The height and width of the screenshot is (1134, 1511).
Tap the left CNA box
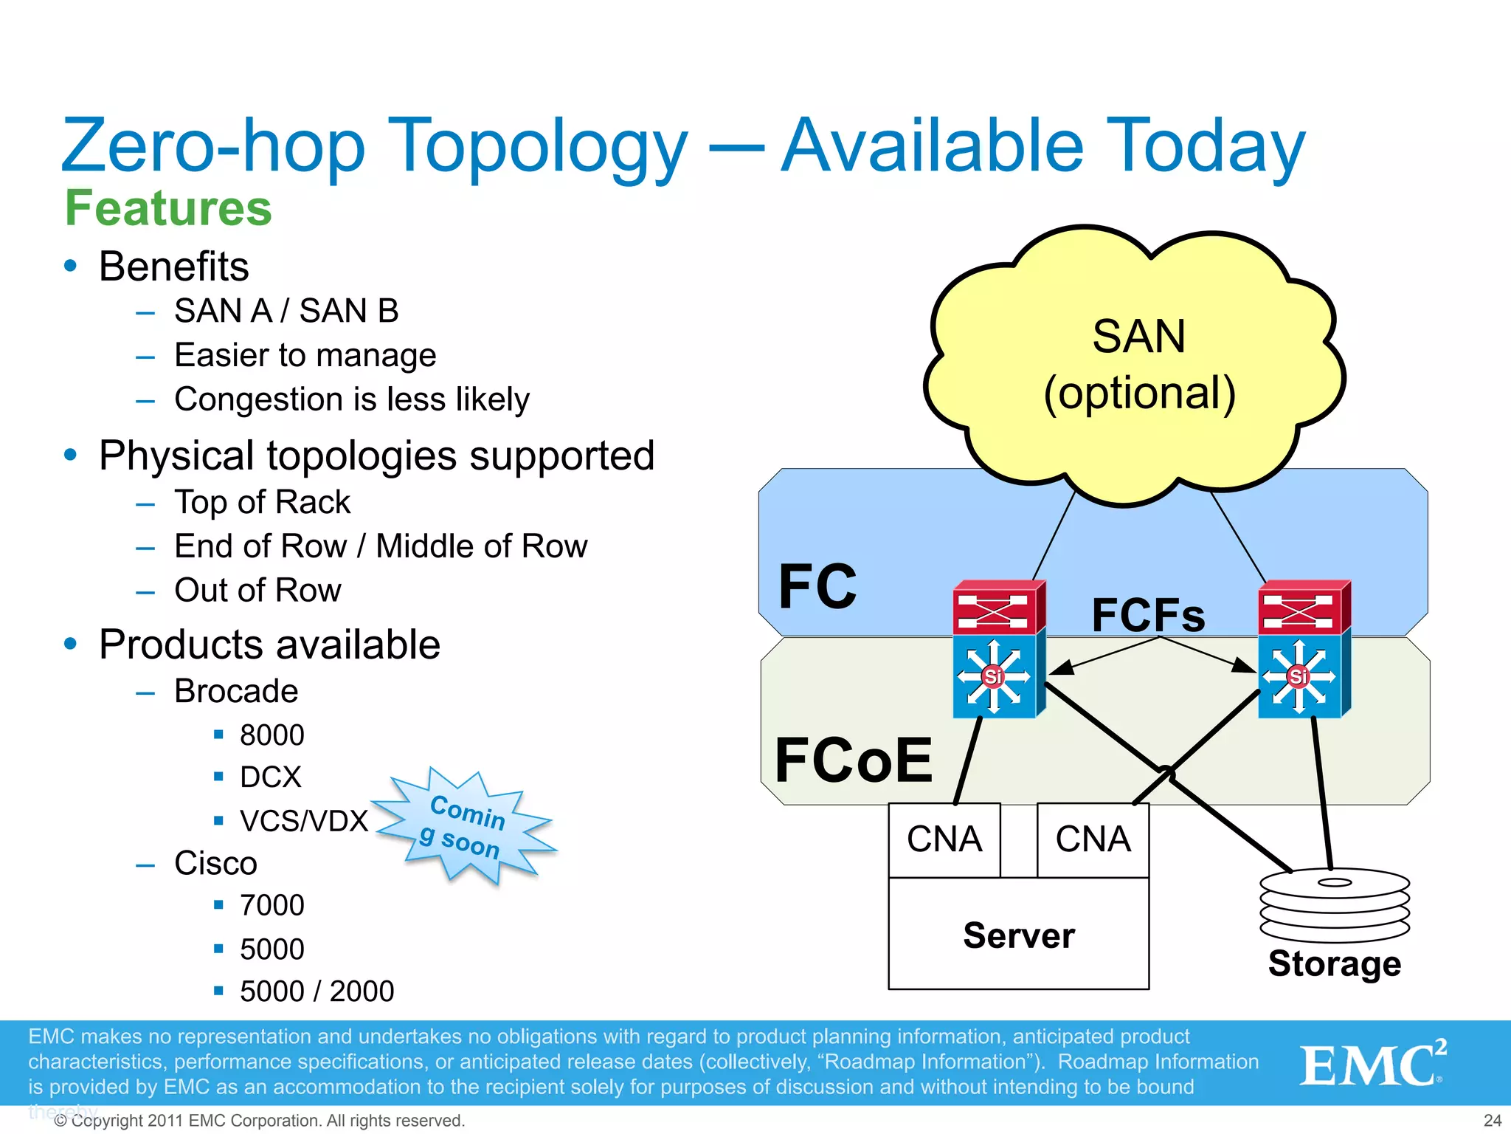pyautogui.click(x=944, y=839)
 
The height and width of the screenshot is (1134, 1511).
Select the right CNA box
pyautogui.click(x=1093, y=839)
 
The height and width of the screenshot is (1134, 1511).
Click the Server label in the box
pyautogui.click(x=1018, y=935)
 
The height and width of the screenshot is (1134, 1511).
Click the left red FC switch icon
pyautogui.click(x=997, y=608)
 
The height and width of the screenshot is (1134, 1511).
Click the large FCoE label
pyautogui.click(x=854, y=760)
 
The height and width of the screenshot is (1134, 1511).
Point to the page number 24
pyautogui.click(x=1492, y=1120)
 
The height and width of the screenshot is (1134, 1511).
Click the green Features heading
pyautogui.click(x=168, y=207)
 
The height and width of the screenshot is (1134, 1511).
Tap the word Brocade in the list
pyautogui.click(x=236, y=691)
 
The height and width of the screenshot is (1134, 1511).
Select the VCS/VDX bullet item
pyautogui.click(x=303, y=820)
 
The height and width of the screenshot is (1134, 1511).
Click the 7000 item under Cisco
pyautogui.click(x=272, y=905)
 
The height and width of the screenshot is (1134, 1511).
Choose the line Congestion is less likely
pyautogui.click(x=352, y=399)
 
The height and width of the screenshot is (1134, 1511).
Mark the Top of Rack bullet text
pyautogui.click(x=262, y=502)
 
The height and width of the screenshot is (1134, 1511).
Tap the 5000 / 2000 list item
pyautogui.click(x=317, y=991)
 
